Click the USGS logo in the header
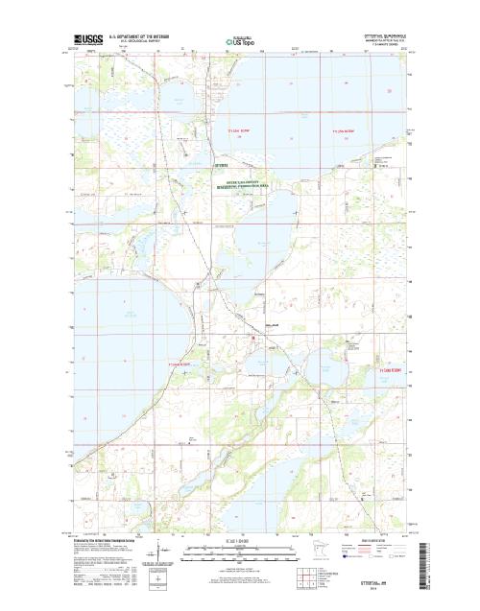84,41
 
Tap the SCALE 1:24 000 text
241,543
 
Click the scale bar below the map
241,551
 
